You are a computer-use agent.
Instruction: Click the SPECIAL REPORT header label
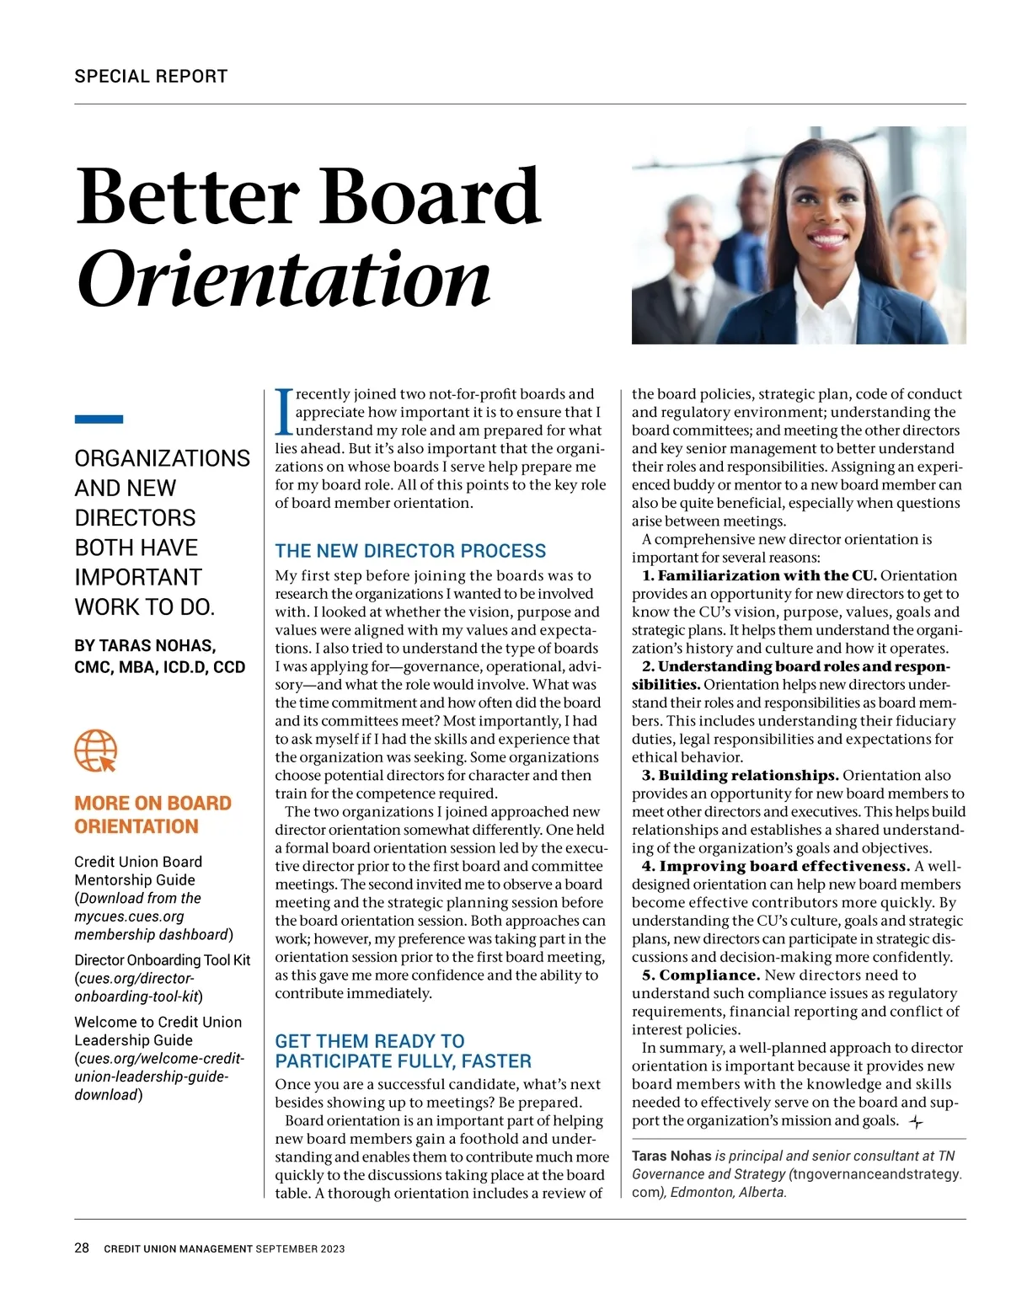(151, 76)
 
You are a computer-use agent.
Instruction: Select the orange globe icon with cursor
(95, 751)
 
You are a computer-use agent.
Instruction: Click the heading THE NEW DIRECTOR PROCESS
(410, 551)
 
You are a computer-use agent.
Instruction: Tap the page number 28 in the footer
(82, 1248)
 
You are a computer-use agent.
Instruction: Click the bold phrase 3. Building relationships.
(740, 775)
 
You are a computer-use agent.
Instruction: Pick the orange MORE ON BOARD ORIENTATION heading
(152, 815)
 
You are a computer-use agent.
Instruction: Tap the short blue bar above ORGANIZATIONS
(99, 419)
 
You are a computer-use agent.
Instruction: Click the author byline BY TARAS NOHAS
(145, 646)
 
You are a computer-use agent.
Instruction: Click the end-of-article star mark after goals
(917, 1122)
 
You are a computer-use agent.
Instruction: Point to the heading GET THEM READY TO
(370, 1041)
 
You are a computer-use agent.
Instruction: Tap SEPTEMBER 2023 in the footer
(301, 1249)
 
